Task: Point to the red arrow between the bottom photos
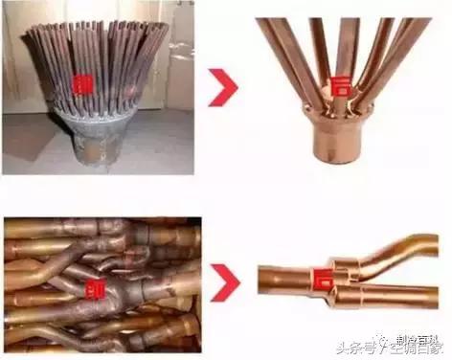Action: (226, 281)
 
